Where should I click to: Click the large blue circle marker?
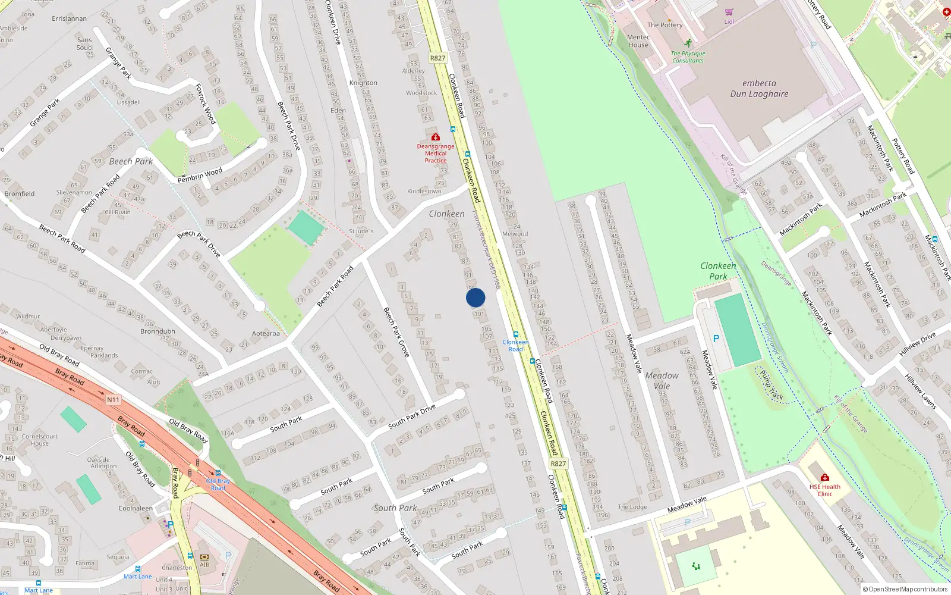point(475,297)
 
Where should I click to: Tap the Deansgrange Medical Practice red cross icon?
point(436,137)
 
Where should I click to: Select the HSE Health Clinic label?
point(824,490)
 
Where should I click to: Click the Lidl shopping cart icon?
point(729,12)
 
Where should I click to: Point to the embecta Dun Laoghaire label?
point(759,89)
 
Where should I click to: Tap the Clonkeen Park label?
point(718,271)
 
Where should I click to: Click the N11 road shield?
point(114,400)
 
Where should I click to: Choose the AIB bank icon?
point(204,557)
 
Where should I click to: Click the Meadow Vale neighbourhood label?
point(662,381)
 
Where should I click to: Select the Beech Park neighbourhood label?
point(131,161)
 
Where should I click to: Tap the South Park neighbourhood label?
point(395,508)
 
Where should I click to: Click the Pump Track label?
point(772,386)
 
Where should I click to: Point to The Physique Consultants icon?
point(688,43)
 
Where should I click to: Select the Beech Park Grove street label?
point(396,331)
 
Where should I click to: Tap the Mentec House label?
point(638,41)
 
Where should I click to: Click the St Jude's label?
point(361,231)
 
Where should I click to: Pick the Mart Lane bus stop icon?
point(138,569)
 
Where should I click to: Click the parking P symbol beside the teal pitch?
point(716,339)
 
